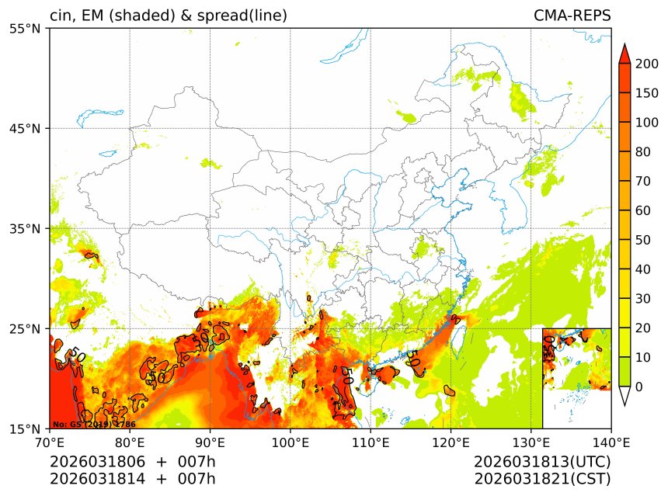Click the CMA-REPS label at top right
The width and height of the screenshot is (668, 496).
572,16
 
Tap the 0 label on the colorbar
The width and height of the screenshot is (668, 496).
638,387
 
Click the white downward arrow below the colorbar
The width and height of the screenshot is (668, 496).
624,396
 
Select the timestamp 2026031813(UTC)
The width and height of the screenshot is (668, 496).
542,462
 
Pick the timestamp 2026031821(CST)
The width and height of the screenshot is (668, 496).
542,479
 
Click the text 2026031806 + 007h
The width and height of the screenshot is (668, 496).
133,462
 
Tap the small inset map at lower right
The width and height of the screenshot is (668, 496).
576,377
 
